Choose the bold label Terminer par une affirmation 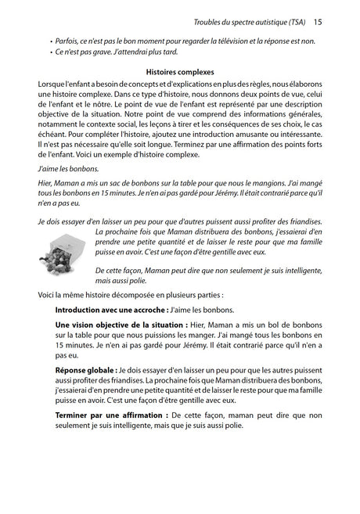(110, 415)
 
